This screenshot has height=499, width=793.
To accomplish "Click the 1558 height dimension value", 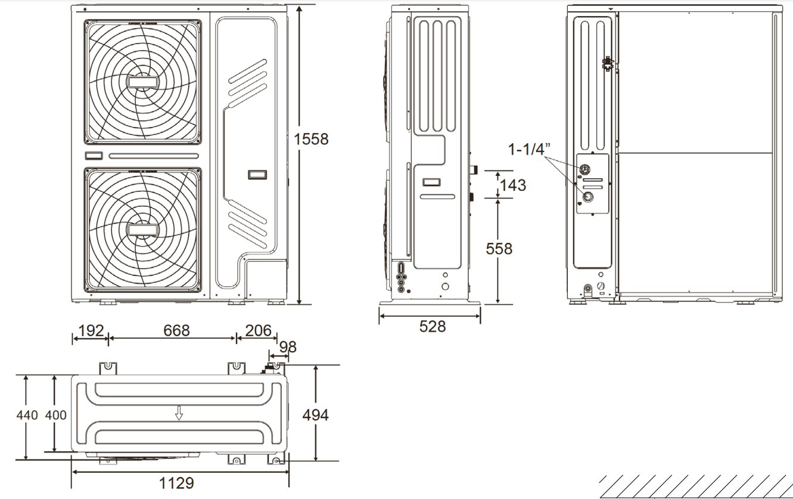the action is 311,139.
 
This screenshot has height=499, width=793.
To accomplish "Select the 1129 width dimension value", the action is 177,483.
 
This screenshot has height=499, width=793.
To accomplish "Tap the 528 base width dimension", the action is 433,326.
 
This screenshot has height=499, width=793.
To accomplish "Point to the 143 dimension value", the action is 513,185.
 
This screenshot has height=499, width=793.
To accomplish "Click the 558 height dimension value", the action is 499,249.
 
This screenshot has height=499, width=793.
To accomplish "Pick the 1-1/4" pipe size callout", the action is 530,149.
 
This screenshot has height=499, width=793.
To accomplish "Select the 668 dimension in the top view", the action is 176,330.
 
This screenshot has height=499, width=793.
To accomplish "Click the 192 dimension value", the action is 91,330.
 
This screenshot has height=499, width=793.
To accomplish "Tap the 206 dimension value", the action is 258,330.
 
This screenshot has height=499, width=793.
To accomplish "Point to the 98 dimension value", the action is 288,347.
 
